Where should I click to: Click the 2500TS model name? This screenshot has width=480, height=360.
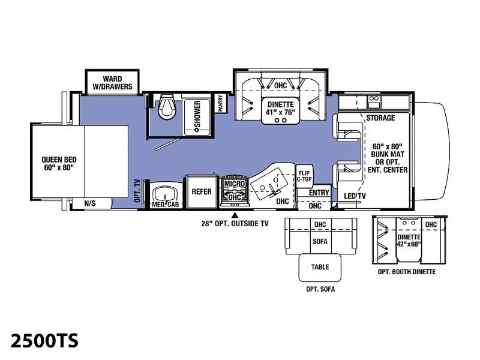coord(44,340)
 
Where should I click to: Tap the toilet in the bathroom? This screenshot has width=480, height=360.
coord(167,107)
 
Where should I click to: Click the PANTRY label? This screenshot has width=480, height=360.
coord(220,103)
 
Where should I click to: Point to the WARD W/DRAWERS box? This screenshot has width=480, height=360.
coord(112,82)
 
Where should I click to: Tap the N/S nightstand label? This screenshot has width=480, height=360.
coord(90,203)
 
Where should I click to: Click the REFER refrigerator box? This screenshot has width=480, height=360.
coord(202,192)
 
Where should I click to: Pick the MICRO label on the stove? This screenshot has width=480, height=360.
coord(235,184)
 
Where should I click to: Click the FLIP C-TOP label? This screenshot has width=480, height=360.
coord(304,176)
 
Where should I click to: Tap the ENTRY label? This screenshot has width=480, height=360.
coord(319,193)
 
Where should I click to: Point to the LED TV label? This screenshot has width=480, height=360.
coord(355,196)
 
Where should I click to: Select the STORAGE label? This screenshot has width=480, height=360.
coord(380,118)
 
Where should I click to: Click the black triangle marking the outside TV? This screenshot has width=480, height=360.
coord(235,215)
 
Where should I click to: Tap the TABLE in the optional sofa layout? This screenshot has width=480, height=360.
coord(320,268)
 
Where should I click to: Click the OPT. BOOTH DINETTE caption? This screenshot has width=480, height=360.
coord(407,272)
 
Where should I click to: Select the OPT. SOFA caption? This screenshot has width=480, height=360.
coord(320,289)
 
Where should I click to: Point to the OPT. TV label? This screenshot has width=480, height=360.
coord(137,191)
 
